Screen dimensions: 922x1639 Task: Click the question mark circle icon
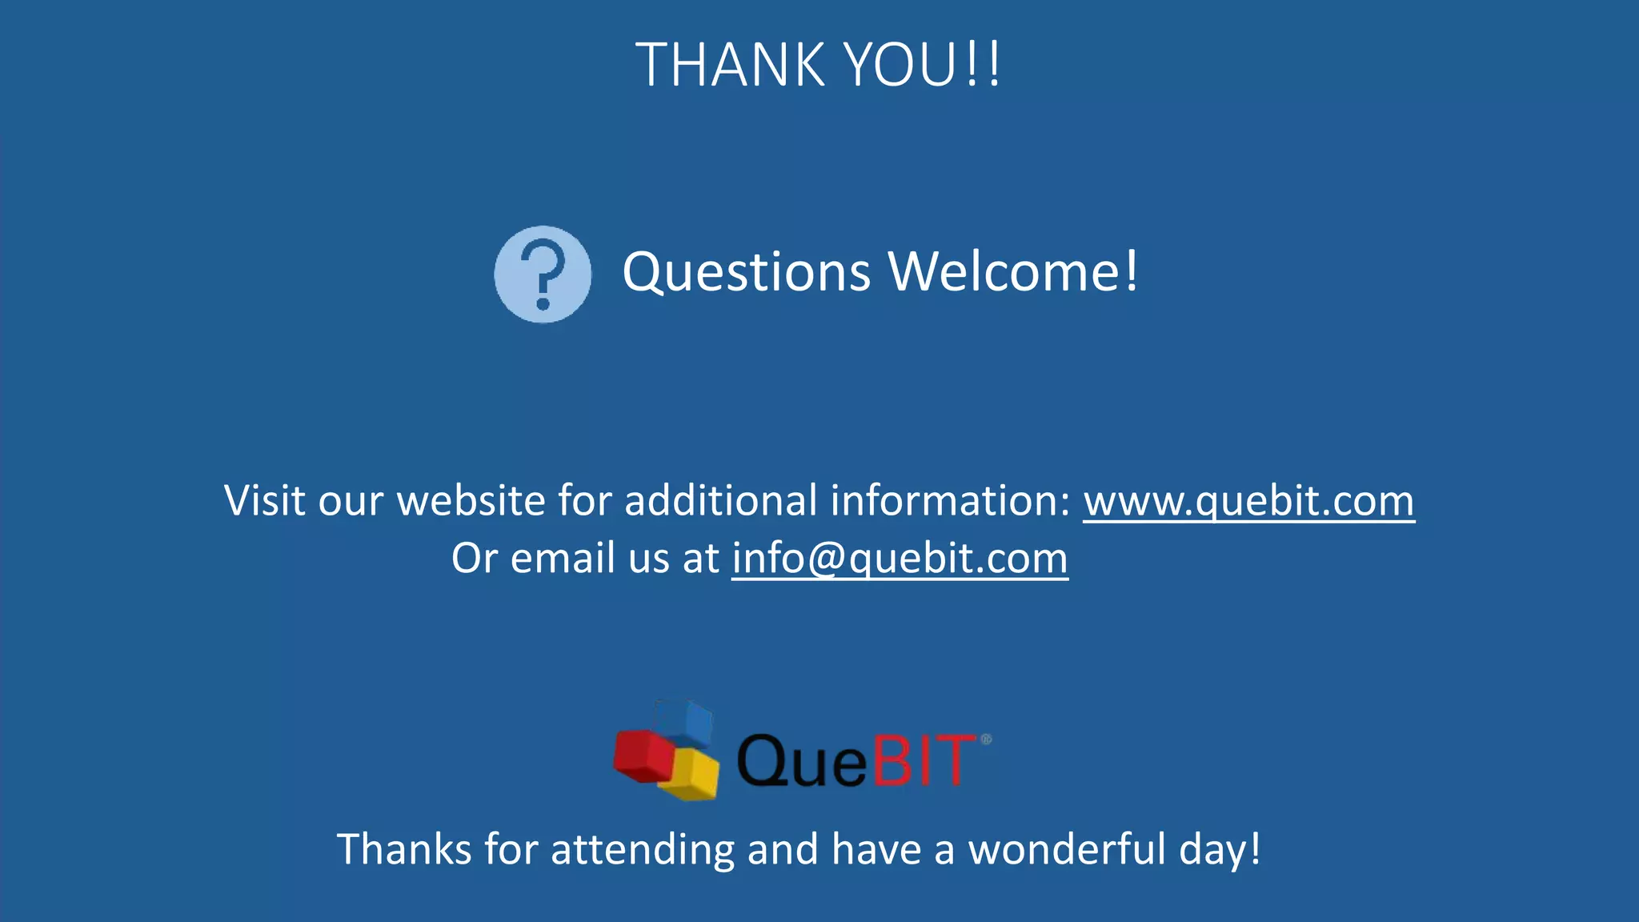(x=543, y=275)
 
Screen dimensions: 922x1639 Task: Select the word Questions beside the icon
(x=746, y=273)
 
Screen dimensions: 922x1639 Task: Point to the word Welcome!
(x=1013, y=271)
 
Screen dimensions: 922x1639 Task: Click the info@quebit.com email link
(x=900, y=559)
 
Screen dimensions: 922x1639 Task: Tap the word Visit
(x=265, y=501)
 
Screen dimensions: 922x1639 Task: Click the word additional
(x=720, y=501)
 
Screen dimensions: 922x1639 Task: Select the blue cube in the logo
(x=683, y=722)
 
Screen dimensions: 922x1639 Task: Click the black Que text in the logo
(x=801, y=760)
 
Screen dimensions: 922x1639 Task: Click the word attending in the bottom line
(x=643, y=849)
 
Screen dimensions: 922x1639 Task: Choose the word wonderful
(x=1067, y=849)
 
